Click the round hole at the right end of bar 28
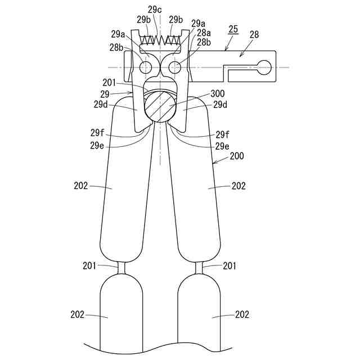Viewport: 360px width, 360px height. click(264, 68)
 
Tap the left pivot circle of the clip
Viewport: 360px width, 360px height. click(145, 67)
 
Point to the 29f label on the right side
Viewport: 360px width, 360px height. click(223, 135)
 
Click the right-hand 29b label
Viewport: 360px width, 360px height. click(175, 20)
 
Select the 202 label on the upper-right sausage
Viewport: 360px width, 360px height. click(238, 186)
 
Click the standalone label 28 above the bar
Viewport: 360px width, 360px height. click(254, 35)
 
